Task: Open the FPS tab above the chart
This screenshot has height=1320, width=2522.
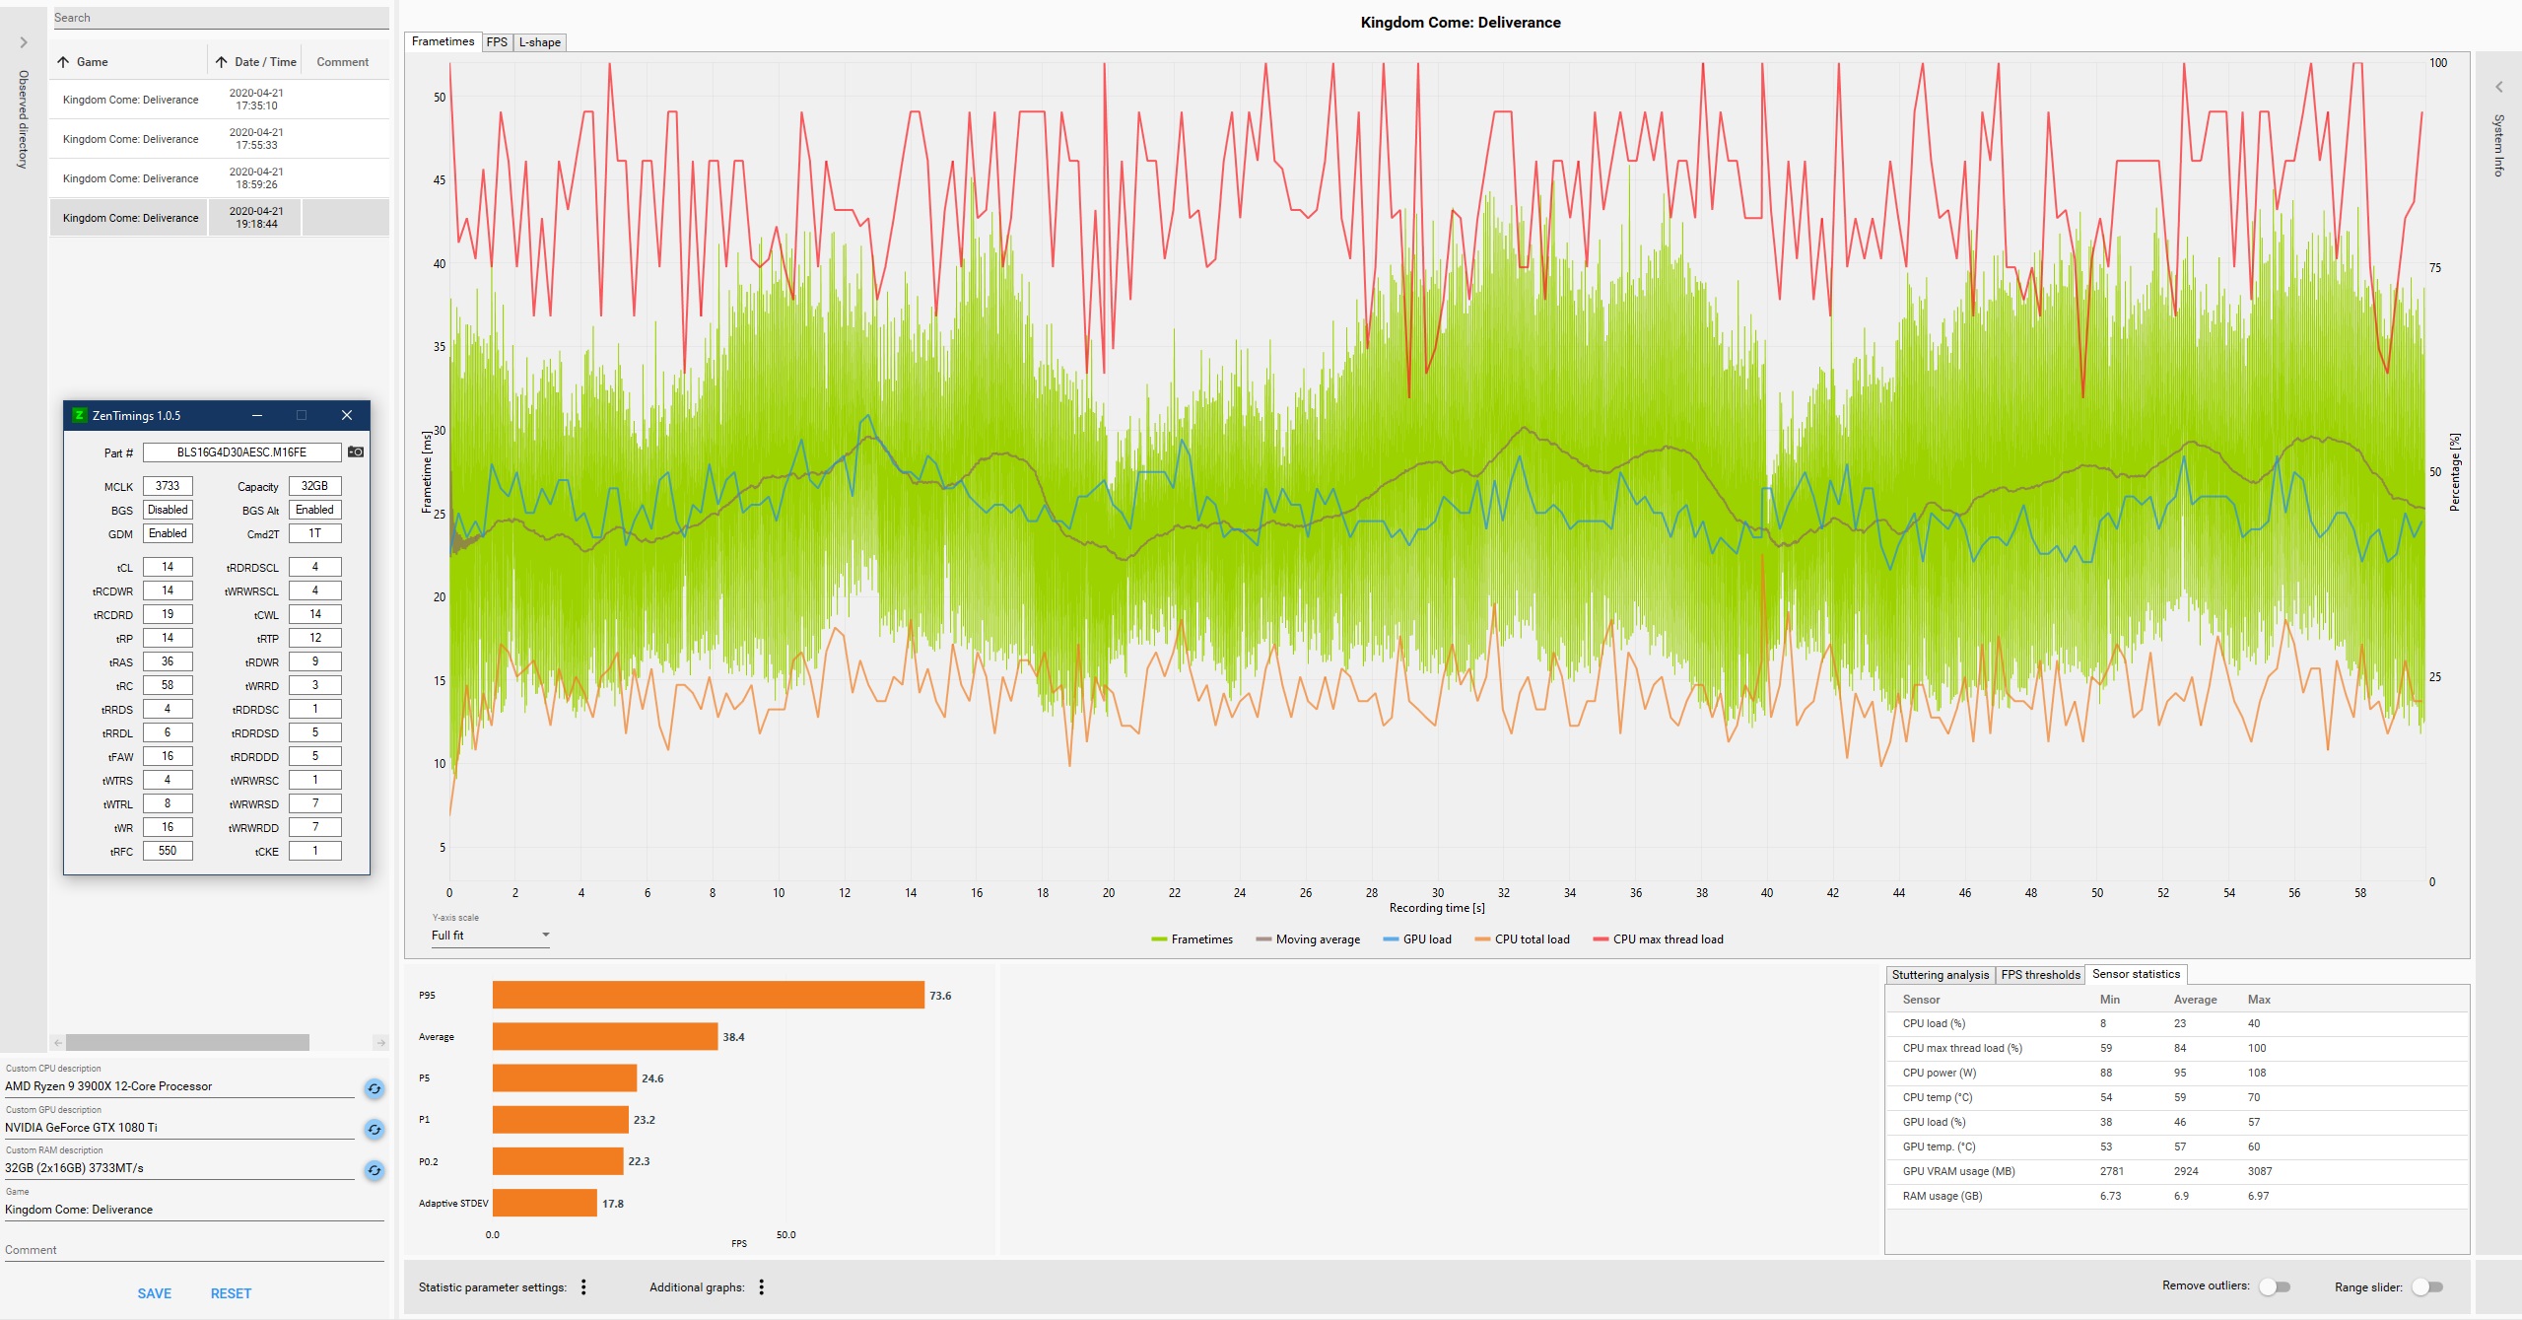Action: point(497,42)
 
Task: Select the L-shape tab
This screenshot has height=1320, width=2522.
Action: point(540,42)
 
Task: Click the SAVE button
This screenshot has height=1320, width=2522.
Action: point(155,1293)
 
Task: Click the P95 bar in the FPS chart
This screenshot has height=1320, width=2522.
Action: point(708,995)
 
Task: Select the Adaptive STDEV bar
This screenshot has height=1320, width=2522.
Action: point(544,1203)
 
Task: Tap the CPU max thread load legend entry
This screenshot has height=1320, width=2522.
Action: point(1659,939)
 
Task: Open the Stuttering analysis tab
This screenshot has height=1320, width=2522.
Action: point(1940,975)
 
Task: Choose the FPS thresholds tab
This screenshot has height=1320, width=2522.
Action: point(2040,975)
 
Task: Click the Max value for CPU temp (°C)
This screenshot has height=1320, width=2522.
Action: point(2254,1097)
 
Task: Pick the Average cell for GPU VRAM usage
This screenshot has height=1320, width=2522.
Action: point(2186,1171)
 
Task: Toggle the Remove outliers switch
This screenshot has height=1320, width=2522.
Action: point(2275,1286)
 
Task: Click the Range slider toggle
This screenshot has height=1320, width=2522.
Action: point(2427,1286)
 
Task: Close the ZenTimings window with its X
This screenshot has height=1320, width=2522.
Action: point(347,415)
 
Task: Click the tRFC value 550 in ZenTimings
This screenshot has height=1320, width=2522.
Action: point(168,851)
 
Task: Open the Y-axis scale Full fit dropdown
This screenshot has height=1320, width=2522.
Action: point(490,936)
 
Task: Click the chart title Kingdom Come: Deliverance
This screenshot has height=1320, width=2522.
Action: point(1460,22)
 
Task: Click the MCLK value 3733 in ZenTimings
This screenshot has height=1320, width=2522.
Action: point(168,486)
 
